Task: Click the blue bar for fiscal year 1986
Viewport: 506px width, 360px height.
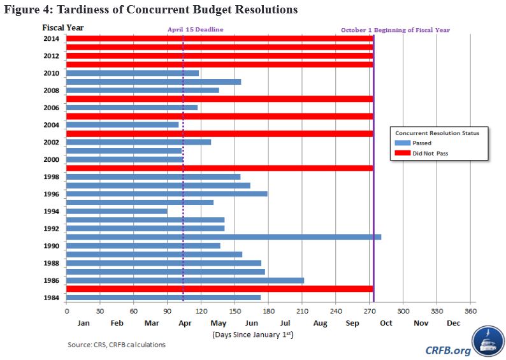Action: point(185,280)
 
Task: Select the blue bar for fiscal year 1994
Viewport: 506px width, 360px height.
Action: point(117,211)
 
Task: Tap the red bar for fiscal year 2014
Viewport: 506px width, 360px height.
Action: point(219,39)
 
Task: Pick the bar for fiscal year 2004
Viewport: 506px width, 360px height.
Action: point(122,125)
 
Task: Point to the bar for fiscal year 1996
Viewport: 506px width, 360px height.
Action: point(166,194)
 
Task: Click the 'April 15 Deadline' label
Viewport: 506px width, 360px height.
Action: point(195,30)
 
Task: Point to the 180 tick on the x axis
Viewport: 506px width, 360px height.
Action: point(268,310)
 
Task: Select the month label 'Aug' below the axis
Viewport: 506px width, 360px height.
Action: point(320,323)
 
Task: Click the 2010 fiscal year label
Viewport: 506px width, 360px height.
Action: point(52,73)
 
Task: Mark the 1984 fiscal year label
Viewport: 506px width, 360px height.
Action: point(52,298)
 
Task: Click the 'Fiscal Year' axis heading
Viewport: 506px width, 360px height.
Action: point(63,27)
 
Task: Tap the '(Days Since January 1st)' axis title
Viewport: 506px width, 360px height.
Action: point(252,334)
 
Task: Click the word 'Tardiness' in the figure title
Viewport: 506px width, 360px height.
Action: point(77,10)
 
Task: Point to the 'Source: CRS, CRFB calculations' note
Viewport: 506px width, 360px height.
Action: point(117,345)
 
